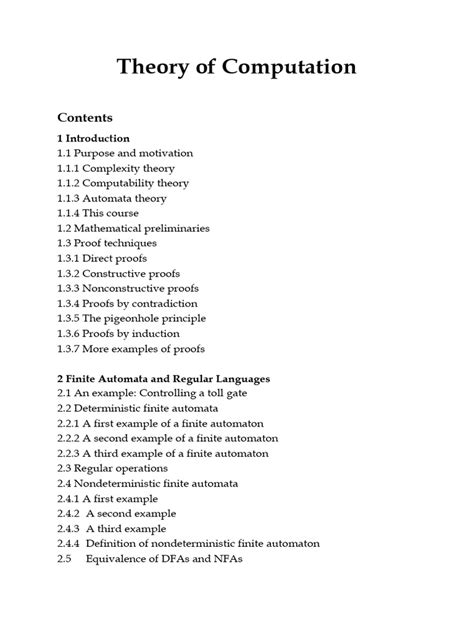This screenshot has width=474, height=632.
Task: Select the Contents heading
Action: pyautogui.click(x=85, y=116)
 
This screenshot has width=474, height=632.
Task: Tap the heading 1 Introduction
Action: pyautogui.click(x=93, y=138)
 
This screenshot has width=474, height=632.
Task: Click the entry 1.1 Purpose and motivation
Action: pyautogui.click(x=125, y=153)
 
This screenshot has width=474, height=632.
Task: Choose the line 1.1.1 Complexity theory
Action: pyautogui.click(x=116, y=168)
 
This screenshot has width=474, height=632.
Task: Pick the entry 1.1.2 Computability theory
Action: pyautogui.click(x=123, y=183)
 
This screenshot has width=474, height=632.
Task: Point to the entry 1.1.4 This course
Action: pyautogui.click(x=98, y=213)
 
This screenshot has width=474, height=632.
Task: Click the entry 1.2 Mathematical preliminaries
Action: pyautogui.click(x=133, y=228)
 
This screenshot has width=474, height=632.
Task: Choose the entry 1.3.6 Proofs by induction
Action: pyautogui.click(x=118, y=333)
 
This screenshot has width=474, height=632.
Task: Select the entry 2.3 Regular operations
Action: pyautogui.click(x=112, y=469)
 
